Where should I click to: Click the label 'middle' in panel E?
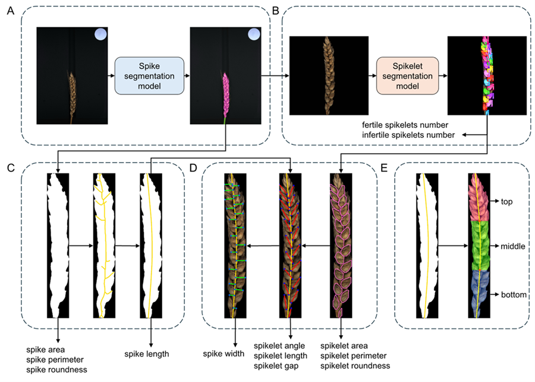[x=513, y=245]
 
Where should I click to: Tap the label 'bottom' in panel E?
[x=513, y=293]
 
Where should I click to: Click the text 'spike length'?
[x=147, y=354]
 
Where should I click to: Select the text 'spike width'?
[x=225, y=354]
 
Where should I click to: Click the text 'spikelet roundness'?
[x=355, y=365]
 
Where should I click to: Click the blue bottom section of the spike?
[x=479, y=294]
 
